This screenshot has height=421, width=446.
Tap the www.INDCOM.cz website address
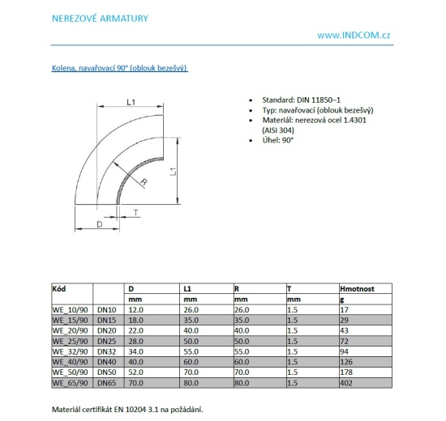[x=354, y=36]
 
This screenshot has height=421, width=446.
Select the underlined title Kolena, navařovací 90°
[x=120, y=69]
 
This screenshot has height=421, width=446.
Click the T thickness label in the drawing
[x=135, y=214]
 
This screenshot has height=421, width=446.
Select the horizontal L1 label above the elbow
[x=131, y=101]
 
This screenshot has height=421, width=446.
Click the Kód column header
[x=60, y=288]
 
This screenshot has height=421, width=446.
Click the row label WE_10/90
[x=70, y=308]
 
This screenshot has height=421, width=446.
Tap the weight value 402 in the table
[x=347, y=383]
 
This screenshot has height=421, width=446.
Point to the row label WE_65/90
[x=70, y=383]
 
